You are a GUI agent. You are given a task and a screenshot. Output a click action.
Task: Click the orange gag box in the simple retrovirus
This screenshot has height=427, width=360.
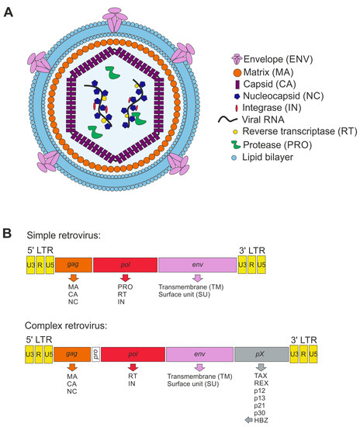coord(74,265)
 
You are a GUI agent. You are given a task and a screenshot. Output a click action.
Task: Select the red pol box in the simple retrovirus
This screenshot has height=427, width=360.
coord(126,265)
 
